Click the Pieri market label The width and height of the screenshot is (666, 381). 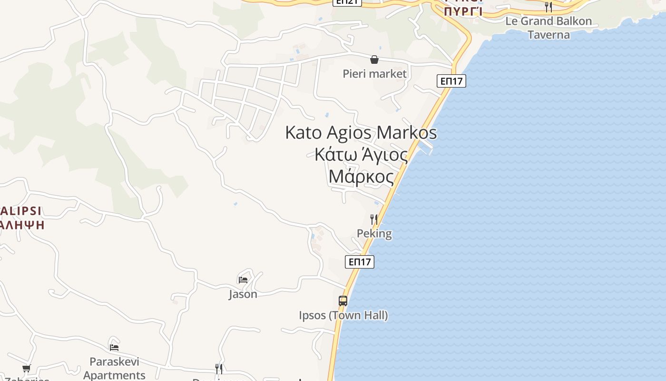375,74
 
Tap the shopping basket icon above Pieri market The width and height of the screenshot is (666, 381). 374,60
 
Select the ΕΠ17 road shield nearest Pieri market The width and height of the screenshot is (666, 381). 451,81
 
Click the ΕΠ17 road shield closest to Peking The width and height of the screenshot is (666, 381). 360,262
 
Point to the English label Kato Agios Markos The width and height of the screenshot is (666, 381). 361,132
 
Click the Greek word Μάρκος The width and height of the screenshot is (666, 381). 361,177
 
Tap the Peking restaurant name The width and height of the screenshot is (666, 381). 374,233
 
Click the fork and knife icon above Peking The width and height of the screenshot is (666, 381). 374,220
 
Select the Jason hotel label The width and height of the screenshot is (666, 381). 243,294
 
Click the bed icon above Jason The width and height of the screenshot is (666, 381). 243,280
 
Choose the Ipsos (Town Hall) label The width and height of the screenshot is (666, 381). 343,315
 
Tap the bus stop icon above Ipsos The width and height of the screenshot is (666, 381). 343,301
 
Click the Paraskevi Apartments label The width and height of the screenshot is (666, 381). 114,369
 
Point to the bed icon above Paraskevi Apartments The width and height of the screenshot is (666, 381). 114,347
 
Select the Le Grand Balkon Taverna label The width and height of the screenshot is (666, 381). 548,28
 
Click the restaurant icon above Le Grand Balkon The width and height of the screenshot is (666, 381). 548,7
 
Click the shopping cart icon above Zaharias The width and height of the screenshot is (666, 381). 27,368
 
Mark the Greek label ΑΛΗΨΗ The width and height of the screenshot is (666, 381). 22,224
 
